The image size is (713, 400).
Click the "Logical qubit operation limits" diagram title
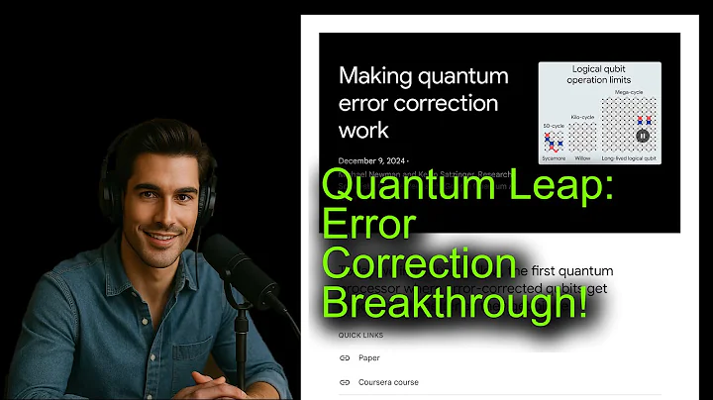click(x=599, y=74)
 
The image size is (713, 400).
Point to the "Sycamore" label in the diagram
click(x=555, y=157)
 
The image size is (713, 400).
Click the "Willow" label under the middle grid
click(x=583, y=157)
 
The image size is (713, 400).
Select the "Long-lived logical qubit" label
click(x=630, y=157)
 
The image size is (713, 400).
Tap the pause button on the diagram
click(x=642, y=136)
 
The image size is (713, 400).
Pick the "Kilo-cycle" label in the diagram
click(x=583, y=116)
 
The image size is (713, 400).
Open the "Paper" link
click(x=369, y=358)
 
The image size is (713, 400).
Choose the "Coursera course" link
click(x=388, y=382)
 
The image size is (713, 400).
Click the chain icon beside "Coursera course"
click(x=345, y=382)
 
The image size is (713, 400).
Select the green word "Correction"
click(x=418, y=265)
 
